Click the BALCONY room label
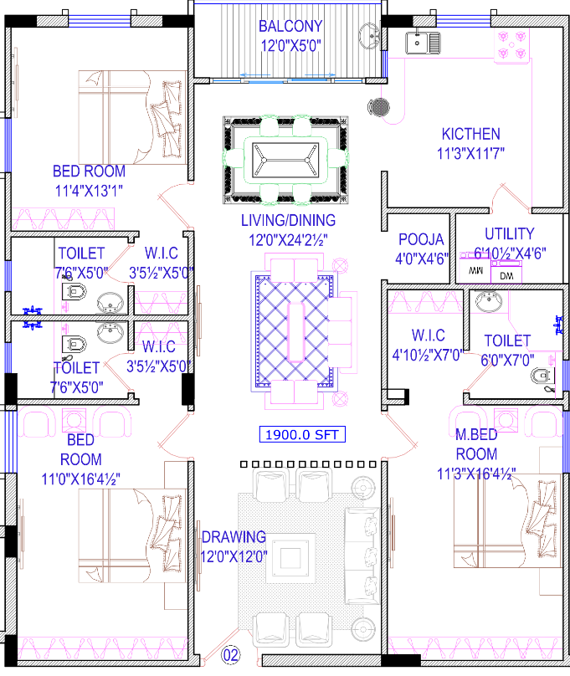[290, 26]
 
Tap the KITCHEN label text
[470, 134]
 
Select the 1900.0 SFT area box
[301, 435]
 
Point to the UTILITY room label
[509, 234]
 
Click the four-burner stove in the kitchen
[511, 44]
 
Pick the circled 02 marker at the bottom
[230, 656]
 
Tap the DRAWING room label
[234, 537]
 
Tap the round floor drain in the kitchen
[379, 107]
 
